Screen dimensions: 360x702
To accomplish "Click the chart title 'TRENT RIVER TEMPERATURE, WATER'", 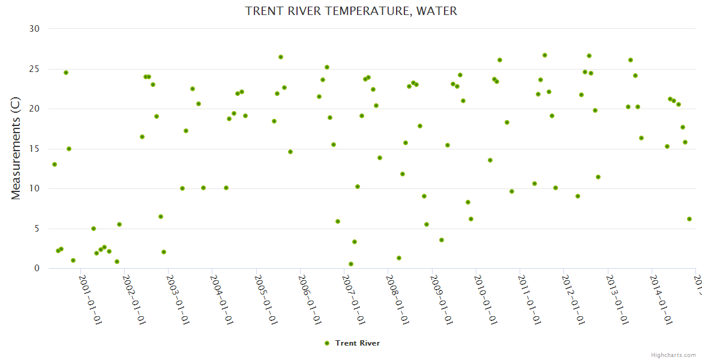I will [x=351, y=11].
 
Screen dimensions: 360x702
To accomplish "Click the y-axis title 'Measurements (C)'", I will [x=16, y=148].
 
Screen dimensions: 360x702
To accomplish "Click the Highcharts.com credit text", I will [x=673, y=355].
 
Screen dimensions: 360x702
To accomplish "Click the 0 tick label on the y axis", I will [x=37, y=269].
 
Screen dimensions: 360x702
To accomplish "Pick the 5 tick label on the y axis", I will [x=37, y=229].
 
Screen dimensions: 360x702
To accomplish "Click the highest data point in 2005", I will [x=280, y=57].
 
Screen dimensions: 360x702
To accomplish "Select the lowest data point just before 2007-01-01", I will [x=350, y=264].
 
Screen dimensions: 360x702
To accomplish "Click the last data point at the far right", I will [x=689, y=219].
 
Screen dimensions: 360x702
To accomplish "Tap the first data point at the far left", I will [x=55, y=164].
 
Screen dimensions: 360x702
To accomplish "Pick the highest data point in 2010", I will [x=499, y=60].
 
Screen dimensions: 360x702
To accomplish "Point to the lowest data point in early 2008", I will [x=398, y=258].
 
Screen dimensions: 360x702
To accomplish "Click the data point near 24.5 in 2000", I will [x=66, y=73].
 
